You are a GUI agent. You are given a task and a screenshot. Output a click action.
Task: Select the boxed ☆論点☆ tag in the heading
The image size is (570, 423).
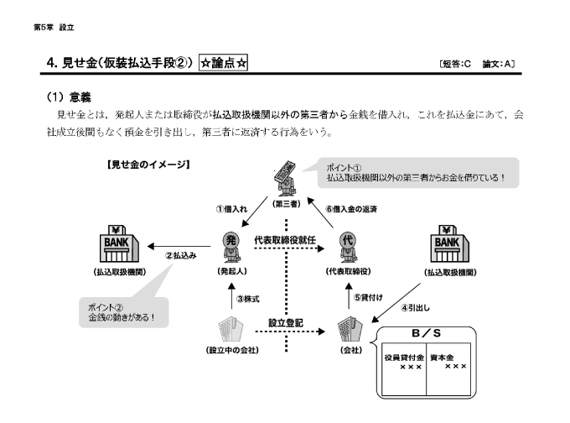coord(224,63)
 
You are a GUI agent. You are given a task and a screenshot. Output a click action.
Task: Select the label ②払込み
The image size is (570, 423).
coord(180,255)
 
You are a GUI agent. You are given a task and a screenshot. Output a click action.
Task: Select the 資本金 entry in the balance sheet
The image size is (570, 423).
coord(446,356)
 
